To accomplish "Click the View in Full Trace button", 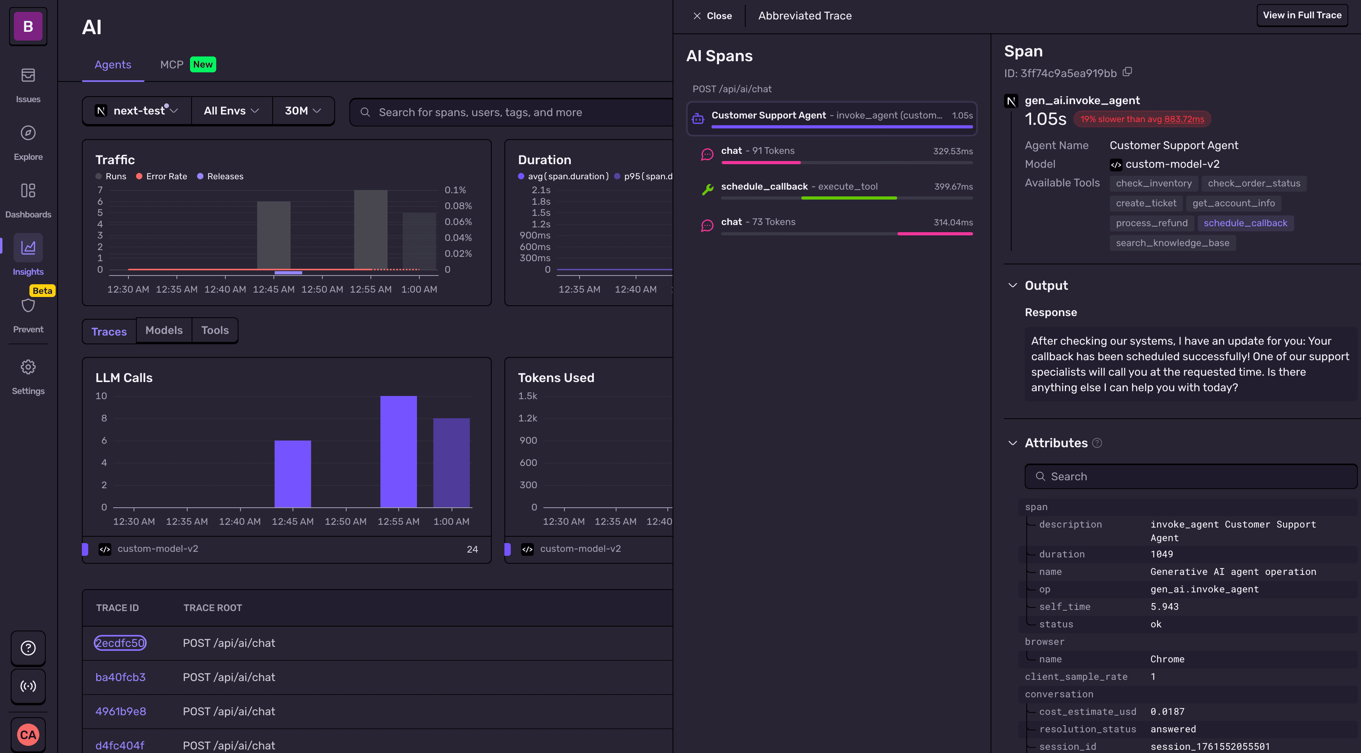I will tap(1301, 16).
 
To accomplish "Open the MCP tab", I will tap(172, 64).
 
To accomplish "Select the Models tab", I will tap(164, 330).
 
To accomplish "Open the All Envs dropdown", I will tap(231, 111).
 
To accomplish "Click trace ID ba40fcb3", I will tap(120, 677).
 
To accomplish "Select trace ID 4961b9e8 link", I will tap(120, 711).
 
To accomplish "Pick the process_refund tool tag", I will tap(1151, 223).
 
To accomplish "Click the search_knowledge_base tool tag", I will tap(1172, 243).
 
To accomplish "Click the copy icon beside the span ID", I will tap(1127, 72).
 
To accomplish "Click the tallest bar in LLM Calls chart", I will tap(398, 452).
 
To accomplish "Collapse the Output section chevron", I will tap(1012, 285).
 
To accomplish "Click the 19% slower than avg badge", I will tap(1142, 119).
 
